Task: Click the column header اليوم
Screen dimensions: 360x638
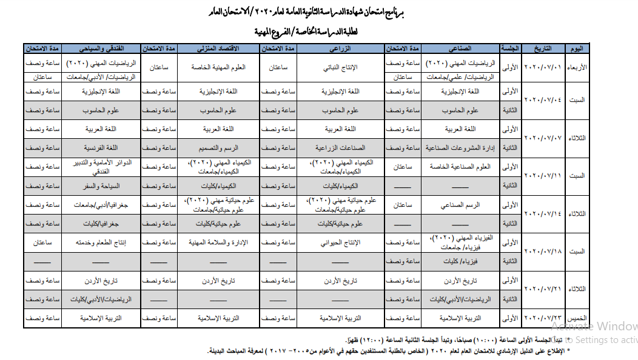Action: pyautogui.click(x=579, y=48)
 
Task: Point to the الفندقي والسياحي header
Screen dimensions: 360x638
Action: pyautogui.click(x=101, y=48)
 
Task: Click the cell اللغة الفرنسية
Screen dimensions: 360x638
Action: pyautogui.click(x=101, y=148)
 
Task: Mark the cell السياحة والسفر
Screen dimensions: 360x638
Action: pyautogui.click(x=101, y=185)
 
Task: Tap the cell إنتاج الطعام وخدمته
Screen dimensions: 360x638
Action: pyautogui.click(x=101, y=242)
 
